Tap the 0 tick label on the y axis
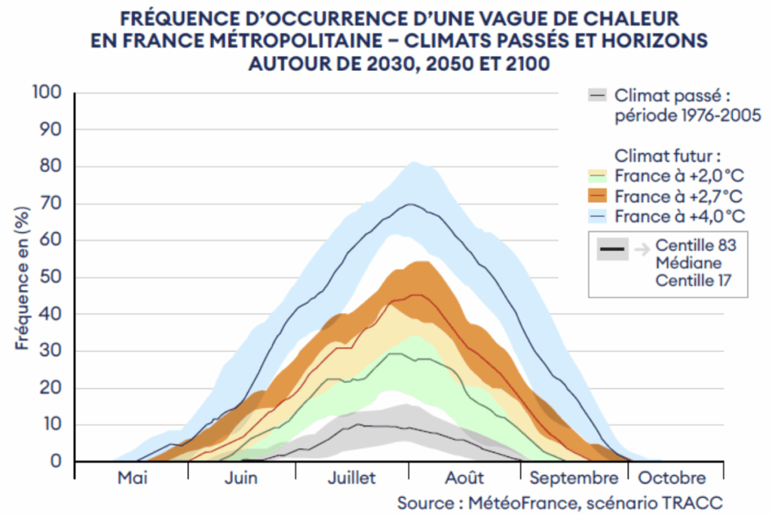pos(57,461)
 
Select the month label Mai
pos(132,478)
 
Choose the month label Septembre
pos(573,478)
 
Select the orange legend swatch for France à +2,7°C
pos(598,196)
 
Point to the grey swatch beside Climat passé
pos(598,96)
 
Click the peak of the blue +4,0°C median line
pos(410,204)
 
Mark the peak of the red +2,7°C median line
pos(413,295)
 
